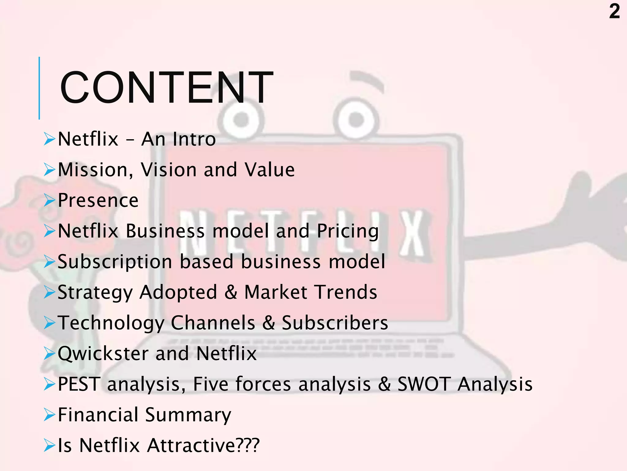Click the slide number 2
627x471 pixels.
614,12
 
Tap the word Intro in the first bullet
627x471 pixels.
194,139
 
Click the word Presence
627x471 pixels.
98,201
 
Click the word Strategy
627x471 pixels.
95,293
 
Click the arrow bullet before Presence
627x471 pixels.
49,201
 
